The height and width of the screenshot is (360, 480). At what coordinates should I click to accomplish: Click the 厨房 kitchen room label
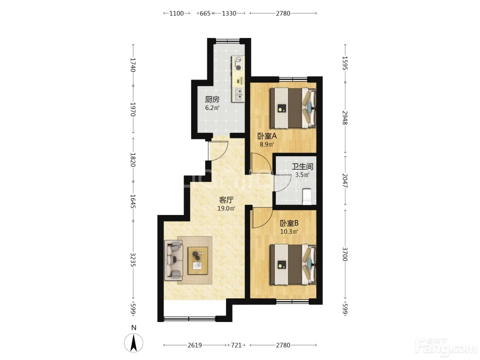(x=212, y=99)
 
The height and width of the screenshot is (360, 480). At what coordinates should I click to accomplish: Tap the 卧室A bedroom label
(x=267, y=136)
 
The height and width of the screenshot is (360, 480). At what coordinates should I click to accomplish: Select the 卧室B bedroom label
(x=289, y=223)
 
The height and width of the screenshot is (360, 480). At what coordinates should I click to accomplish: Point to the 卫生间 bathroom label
(x=302, y=167)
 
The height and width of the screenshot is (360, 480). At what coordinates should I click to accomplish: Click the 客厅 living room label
(x=226, y=200)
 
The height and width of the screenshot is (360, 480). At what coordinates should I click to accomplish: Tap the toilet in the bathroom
(x=307, y=196)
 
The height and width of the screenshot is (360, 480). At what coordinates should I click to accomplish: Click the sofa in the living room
(x=173, y=260)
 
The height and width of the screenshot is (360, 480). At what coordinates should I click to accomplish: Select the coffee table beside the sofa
(x=198, y=261)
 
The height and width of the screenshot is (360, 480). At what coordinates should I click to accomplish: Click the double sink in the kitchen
(x=238, y=94)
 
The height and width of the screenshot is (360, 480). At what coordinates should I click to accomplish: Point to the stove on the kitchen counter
(x=238, y=63)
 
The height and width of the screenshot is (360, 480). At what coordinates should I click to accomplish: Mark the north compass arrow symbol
(x=133, y=343)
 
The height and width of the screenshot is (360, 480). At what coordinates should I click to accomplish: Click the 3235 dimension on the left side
(x=133, y=260)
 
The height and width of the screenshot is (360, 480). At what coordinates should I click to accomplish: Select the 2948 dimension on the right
(x=345, y=118)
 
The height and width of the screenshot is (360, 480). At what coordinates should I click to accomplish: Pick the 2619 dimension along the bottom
(x=195, y=345)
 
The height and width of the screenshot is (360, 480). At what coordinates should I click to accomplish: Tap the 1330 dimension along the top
(x=229, y=14)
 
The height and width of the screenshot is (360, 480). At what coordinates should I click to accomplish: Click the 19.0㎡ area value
(x=226, y=208)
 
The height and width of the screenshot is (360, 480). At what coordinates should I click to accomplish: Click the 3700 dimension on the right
(x=345, y=254)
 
